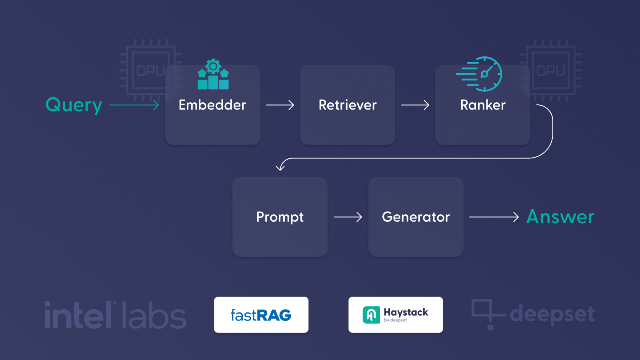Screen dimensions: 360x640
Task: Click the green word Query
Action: tap(74, 105)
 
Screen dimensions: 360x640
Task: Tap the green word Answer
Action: tap(560, 217)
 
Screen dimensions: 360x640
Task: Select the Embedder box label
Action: tap(212, 105)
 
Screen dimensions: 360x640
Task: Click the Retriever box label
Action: tap(348, 105)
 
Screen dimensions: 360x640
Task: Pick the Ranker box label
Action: tap(483, 105)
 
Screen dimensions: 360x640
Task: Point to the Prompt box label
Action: tap(280, 217)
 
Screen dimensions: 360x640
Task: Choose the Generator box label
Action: tap(416, 217)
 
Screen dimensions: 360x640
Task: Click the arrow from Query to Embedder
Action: tap(134, 105)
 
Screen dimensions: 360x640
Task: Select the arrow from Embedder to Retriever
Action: tap(280, 105)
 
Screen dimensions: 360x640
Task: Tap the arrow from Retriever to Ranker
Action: tap(415, 105)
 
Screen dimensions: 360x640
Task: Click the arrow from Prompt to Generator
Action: tap(348, 217)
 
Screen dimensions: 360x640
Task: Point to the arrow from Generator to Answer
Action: tap(494, 217)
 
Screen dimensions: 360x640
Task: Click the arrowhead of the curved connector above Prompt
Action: tap(280, 167)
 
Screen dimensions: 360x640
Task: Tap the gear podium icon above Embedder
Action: tap(213, 74)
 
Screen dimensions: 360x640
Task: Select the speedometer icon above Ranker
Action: tap(480, 74)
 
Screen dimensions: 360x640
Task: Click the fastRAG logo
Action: tap(261, 315)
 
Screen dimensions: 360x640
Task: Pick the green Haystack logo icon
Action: tap(371, 315)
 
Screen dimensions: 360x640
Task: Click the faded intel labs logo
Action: tap(115, 315)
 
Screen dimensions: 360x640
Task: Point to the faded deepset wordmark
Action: tap(552, 314)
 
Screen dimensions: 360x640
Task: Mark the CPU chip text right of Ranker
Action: tap(551, 70)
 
